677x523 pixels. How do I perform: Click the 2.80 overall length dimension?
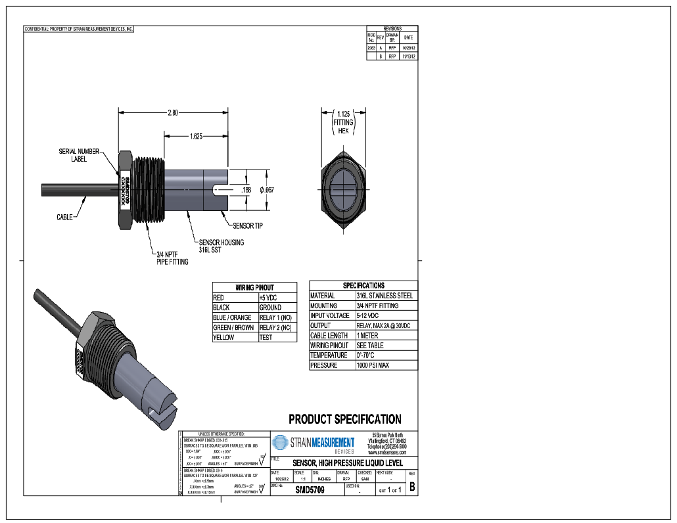pyautogui.click(x=173, y=112)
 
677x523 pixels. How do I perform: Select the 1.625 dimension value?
pyautogui.click(x=196, y=137)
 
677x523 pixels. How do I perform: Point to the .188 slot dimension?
pyautogui.click(x=246, y=190)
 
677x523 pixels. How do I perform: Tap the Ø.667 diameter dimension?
pyautogui.click(x=267, y=190)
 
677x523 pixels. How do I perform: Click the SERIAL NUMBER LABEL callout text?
pyautogui.click(x=79, y=155)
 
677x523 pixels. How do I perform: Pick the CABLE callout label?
pyautogui.click(x=64, y=217)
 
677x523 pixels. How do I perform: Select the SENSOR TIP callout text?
pyautogui.click(x=248, y=225)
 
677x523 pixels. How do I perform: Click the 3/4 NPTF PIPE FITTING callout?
pyautogui.click(x=172, y=258)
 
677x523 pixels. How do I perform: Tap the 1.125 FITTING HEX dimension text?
pyautogui.click(x=343, y=122)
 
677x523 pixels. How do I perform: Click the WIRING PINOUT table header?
pyautogui.click(x=254, y=287)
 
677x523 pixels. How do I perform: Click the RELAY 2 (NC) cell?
pyautogui.click(x=275, y=327)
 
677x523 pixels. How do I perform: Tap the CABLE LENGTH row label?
pyautogui.click(x=329, y=336)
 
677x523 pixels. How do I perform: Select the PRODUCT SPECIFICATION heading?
pyautogui.click(x=345, y=419)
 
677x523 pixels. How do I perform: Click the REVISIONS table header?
pyautogui.click(x=392, y=29)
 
